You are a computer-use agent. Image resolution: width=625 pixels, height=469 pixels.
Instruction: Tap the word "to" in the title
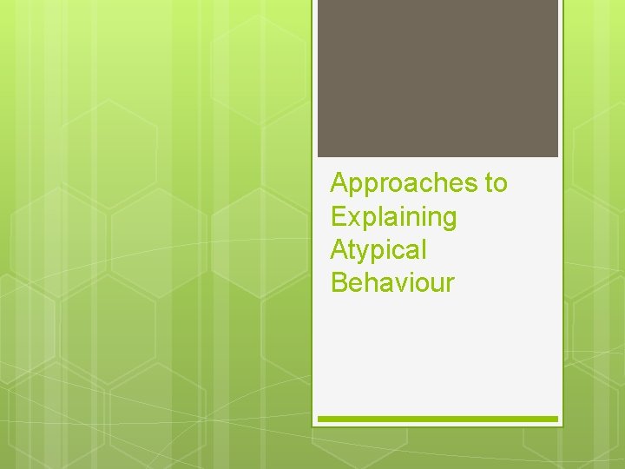tap(497, 184)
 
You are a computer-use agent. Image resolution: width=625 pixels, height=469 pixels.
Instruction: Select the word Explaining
tap(393, 217)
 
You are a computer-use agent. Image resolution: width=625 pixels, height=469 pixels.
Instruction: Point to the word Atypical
tap(378, 250)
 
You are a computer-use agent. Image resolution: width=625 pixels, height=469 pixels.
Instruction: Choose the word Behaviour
tap(392, 283)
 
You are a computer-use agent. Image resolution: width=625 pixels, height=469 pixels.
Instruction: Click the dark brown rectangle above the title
tap(437, 78)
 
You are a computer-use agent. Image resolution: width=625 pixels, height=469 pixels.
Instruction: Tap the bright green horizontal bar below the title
tap(437, 419)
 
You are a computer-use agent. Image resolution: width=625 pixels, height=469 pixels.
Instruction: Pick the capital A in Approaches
tap(339, 184)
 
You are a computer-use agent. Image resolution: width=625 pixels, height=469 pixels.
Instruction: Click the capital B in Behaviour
tap(339, 283)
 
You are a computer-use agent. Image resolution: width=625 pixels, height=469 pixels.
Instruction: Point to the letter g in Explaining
tap(448, 220)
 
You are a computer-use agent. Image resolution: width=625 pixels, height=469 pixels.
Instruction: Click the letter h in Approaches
tap(434, 184)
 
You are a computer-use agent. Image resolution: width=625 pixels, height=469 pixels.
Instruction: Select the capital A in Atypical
tap(339, 250)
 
